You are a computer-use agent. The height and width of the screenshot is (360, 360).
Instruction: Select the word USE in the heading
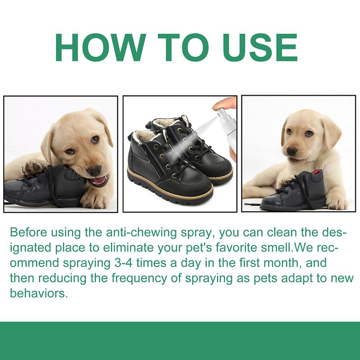click(261, 47)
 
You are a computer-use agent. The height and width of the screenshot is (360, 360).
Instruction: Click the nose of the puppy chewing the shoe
click(94, 171)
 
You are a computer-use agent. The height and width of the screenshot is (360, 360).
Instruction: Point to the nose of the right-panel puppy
click(292, 151)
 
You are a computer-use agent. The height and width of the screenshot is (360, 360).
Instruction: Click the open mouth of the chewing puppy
click(99, 181)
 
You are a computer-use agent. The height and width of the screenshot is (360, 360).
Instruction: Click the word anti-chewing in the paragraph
click(142, 233)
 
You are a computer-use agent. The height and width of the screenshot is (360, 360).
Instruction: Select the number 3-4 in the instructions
click(123, 263)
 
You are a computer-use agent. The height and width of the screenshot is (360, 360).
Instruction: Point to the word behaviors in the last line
click(39, 293)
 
